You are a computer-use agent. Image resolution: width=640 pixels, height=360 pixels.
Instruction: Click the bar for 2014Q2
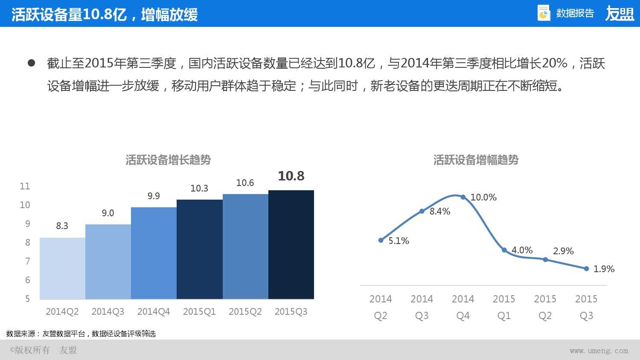(x=62, y=268)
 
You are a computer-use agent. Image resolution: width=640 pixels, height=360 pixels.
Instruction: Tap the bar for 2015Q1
(x=199, y=249)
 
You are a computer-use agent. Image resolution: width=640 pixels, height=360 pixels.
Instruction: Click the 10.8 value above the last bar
(x=291, y=176)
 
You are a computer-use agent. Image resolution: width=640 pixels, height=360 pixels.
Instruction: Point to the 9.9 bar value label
(x=154, y=196)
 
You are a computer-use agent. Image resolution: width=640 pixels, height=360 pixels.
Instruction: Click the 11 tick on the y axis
(x=25, y=186)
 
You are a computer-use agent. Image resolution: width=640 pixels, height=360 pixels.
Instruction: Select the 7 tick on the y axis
(x=28, y=261)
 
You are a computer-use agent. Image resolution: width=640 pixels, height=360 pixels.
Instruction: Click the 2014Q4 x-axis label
(x=154, y=312)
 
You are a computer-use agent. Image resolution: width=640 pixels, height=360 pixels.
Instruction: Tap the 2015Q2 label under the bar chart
(x=245, y=312)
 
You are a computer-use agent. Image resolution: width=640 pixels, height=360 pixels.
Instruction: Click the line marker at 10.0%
(x=463, y=197)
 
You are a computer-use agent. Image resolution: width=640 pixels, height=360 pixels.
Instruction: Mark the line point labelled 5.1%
(x=381, y=240)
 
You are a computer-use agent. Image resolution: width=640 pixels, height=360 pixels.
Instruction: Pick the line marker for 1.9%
(x=586, y=269)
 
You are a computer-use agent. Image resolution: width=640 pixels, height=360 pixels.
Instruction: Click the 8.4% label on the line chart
(x=440, y=211)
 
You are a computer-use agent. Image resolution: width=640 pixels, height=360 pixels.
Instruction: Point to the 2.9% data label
(x=563, y=251)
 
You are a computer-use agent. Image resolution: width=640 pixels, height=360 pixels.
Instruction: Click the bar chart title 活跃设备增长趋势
(x=168, y=160)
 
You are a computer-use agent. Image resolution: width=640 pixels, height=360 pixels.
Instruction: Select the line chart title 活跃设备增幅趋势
(x=476, y=160)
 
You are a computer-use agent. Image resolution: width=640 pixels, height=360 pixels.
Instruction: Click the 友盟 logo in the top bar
(x=620, y=14)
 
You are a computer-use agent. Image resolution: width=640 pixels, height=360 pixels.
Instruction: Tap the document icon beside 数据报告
(x=544, y=13)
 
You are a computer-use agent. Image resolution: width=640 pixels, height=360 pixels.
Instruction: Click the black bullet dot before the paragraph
(x=31, y=63)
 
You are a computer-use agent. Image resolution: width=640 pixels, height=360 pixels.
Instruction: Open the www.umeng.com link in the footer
(x=599, y=351)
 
